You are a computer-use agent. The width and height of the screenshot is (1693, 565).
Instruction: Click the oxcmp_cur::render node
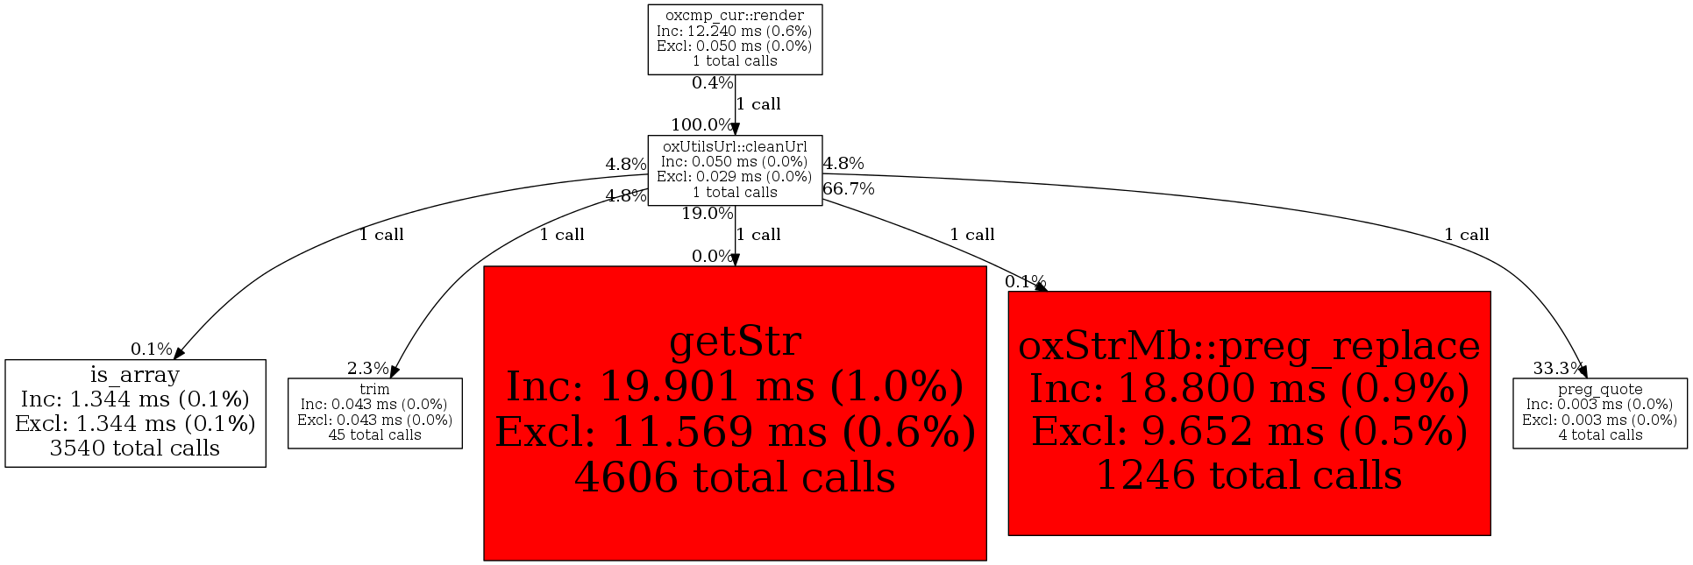[x=735, y=39]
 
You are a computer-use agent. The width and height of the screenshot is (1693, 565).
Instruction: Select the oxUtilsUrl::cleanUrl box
[x=735, y=170]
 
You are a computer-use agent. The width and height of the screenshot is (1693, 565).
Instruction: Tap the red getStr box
[x=735, y=413]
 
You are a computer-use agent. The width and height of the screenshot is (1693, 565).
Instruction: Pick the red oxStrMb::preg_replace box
[x=1249, y=413]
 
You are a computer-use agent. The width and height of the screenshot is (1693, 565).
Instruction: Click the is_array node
[x=135, y=413]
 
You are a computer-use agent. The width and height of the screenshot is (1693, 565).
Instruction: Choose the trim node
[x=375, y=413]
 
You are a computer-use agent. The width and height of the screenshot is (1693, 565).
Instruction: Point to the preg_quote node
[x=1600, y=413]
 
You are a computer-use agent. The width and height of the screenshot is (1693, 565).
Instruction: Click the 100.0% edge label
[x=702, y=125]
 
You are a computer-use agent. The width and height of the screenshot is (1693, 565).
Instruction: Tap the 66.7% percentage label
[x=849, y=188]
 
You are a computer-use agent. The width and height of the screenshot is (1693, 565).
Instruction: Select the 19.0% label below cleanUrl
[x=708, y=213]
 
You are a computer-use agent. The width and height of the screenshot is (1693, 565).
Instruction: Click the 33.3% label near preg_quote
[x=1559, y=368]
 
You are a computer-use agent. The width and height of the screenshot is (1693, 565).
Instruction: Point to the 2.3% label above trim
[x=368, y=368]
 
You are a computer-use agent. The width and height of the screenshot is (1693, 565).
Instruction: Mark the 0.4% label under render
[x=713, y=83]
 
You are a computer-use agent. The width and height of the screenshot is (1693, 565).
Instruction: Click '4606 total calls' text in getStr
[x=735, y=477]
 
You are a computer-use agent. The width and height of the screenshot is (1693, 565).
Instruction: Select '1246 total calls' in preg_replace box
[x=1249, y=475]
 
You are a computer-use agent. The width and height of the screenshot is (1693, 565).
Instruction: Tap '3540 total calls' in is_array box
[x=135, y=448]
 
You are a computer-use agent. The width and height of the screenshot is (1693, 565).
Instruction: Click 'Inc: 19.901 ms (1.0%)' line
[x=735, y=386]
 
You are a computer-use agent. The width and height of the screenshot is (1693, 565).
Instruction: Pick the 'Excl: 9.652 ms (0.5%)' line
[x=1249, y=431]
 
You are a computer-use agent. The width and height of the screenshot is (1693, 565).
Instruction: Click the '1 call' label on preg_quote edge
[x=1467, y=234]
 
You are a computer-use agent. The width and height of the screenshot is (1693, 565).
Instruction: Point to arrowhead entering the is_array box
[x=178, y=353]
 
